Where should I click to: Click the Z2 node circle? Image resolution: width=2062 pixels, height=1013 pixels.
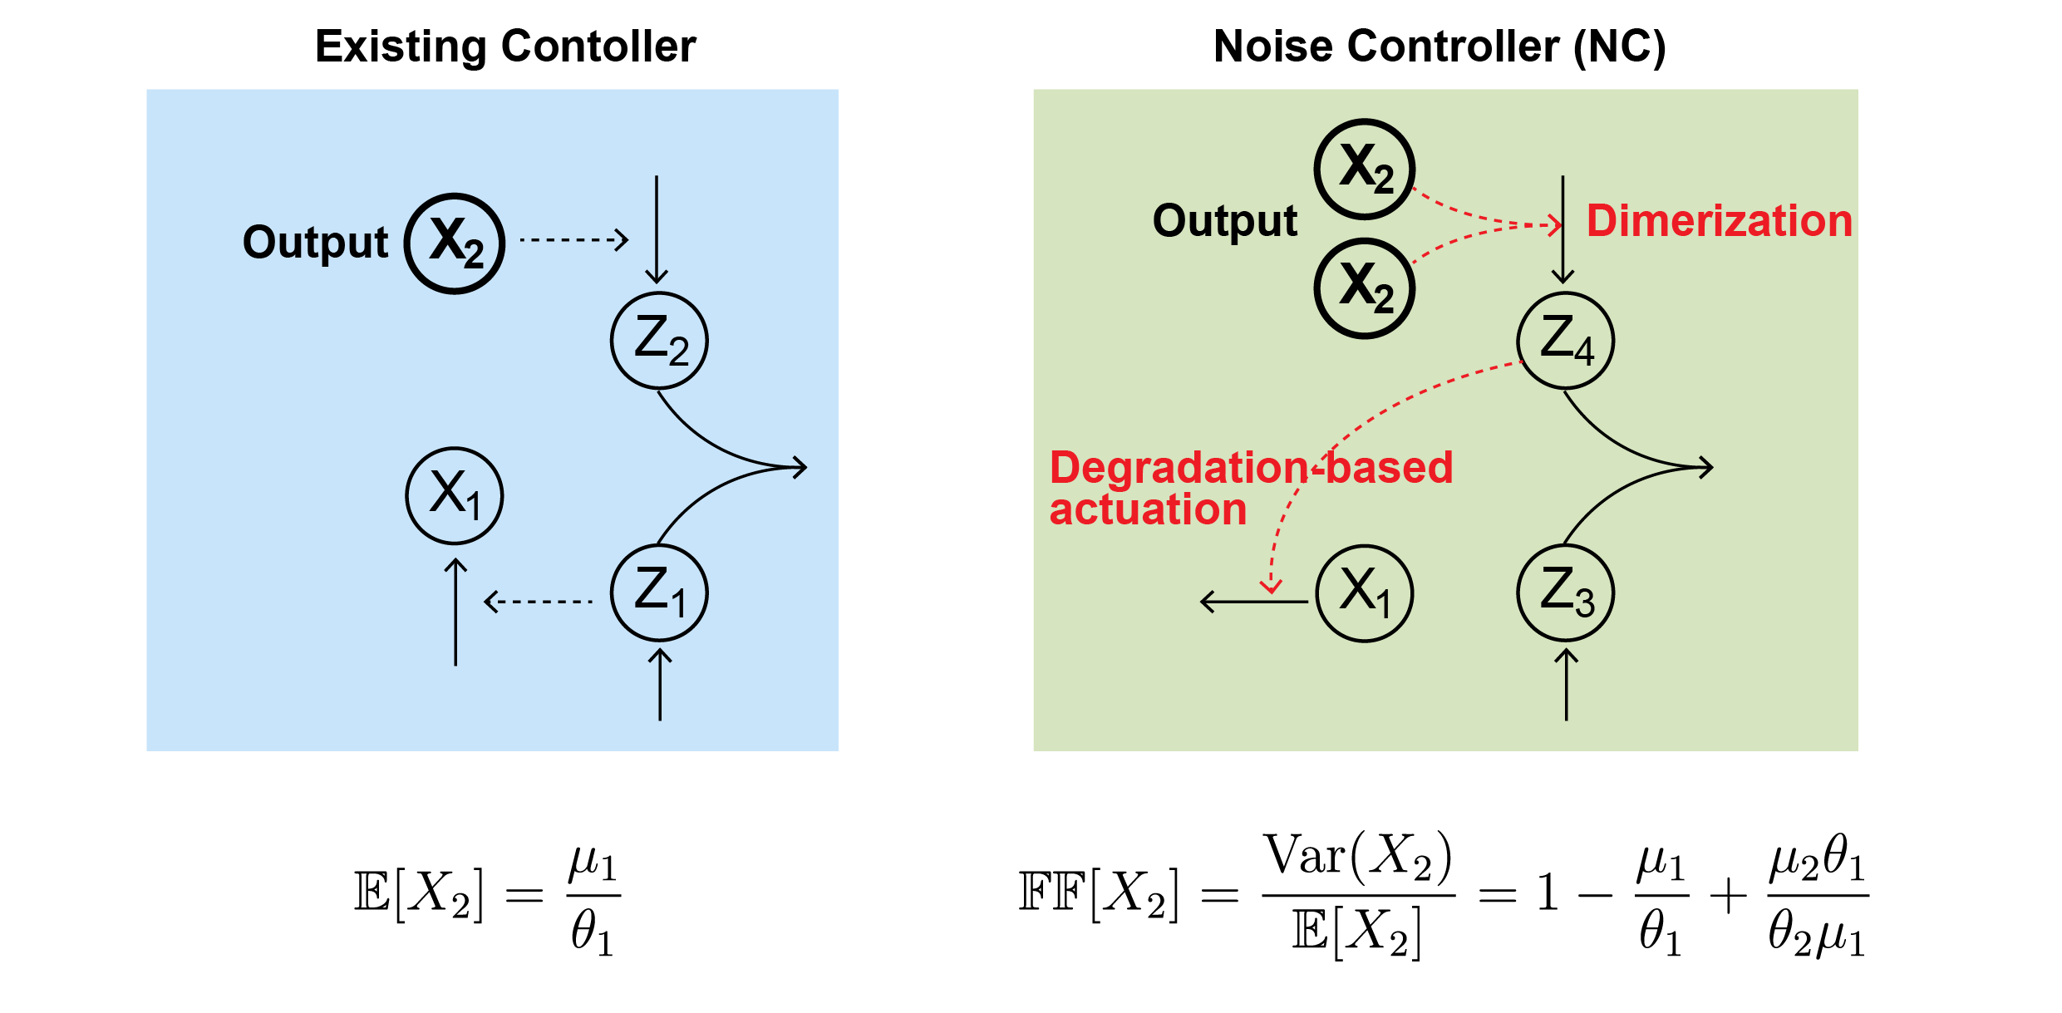(659, 341)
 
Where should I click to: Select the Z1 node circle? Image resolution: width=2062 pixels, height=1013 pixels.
(659, 593)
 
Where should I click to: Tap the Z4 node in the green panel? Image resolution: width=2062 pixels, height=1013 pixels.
(1566, 341)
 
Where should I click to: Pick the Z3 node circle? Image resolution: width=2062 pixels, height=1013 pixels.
(1566, 593)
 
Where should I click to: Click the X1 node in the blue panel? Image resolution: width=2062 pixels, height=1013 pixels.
(455, 495)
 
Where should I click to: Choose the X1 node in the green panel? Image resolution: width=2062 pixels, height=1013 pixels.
(1365, 593)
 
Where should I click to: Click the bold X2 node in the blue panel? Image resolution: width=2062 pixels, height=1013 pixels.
(455, 243)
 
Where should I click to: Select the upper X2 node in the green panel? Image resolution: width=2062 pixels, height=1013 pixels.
(1365, 169)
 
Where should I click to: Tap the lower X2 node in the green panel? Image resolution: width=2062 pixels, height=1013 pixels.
(1365, 288)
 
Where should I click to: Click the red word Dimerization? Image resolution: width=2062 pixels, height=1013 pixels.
(1719, 222)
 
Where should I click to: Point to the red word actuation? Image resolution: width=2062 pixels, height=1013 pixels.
(1148, 509)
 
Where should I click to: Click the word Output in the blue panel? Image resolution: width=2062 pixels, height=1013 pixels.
(315, 243)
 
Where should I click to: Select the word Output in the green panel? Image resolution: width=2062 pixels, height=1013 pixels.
(1224, 221)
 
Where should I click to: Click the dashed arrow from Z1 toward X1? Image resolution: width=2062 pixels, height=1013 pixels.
(539, 601)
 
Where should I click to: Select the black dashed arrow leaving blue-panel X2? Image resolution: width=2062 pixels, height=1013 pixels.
(573, 240)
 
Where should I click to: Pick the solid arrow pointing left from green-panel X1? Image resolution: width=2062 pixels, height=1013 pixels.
(1253, 601)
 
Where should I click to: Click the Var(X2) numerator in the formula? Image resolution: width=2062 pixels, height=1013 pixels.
(1358, 858)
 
